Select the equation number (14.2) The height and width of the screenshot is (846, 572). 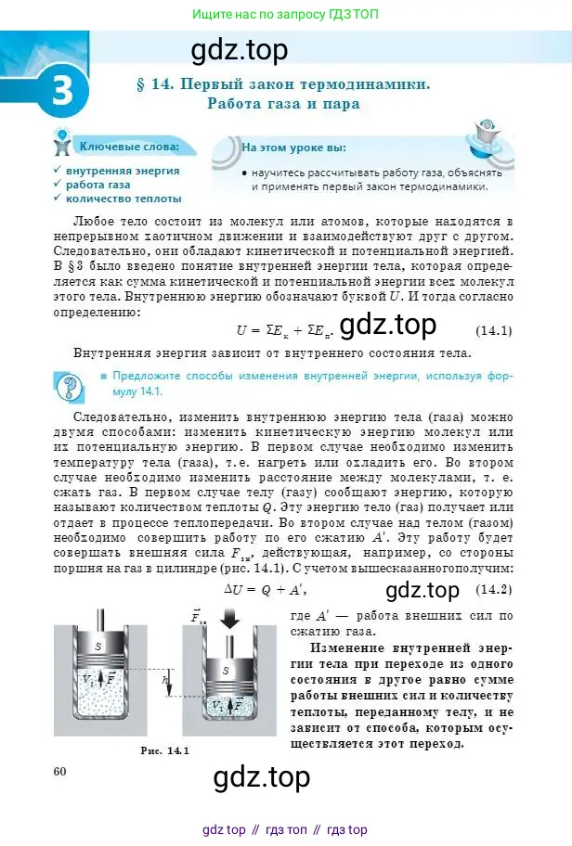pyautogui.click(x=494, y=590)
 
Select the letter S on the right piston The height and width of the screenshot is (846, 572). pyautogui.click(x=226, y=670)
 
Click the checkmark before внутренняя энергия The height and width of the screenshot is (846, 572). pyautogui.click(x=58, y=171)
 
